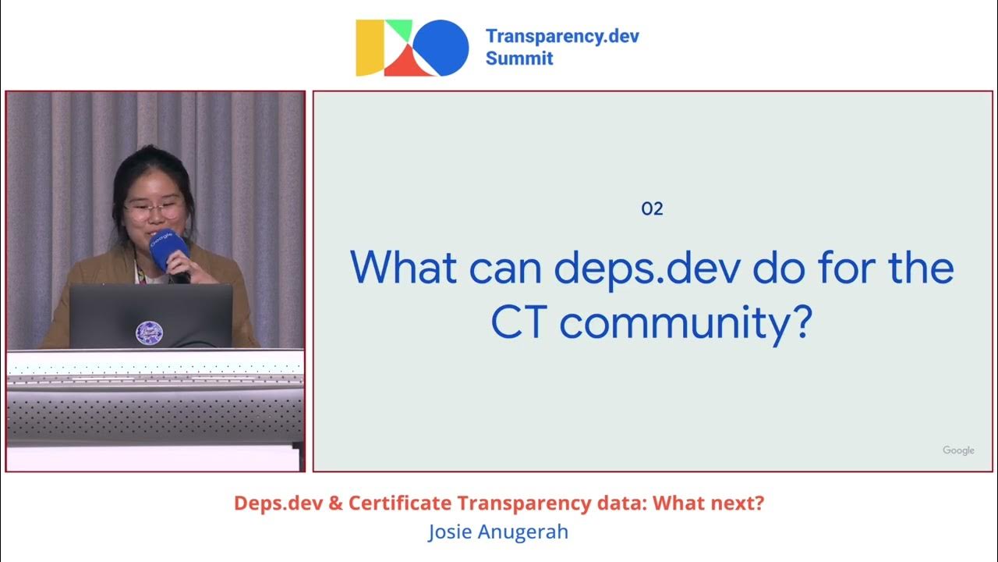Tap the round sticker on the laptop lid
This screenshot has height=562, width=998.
(x=149, y=333)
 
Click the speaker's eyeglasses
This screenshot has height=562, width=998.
(x=154, y=209)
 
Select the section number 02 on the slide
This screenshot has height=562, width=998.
(x=652, y=208)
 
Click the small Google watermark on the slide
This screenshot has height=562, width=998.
(x=958, y=450)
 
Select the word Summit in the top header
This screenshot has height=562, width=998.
(x=519, y=59)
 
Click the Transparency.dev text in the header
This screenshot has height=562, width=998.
(x=561, y=37)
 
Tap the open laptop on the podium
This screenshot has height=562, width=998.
(x=150, y=317)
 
